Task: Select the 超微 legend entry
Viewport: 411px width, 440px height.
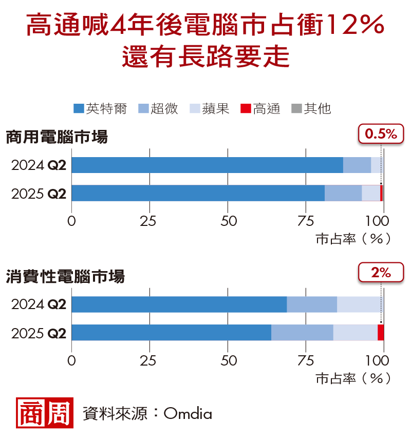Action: tap(158, 109)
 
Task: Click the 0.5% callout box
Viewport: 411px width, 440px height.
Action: tap(381, 135)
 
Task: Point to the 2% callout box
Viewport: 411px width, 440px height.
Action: tap(381, 273)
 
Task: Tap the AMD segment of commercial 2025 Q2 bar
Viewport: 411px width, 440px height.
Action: tap(343, 193)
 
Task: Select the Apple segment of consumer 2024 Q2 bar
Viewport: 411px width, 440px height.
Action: tap(360, 304)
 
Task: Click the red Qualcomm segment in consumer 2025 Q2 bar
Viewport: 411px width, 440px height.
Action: tap(381, 332)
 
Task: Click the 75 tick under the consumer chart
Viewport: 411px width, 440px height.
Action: tap(306, 361)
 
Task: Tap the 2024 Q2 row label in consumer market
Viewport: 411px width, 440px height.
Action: tap(39, 304)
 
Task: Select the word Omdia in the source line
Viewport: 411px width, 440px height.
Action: tap(188, 413)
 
